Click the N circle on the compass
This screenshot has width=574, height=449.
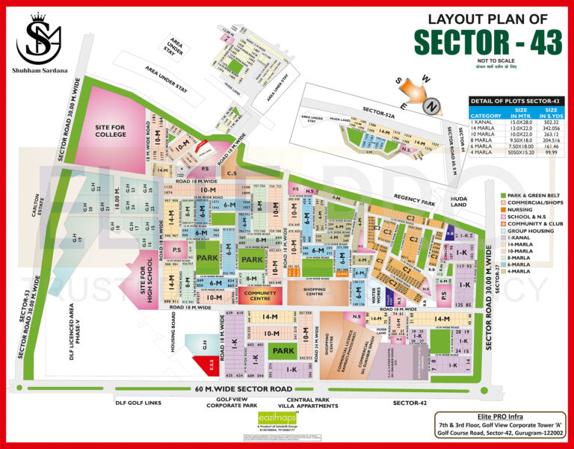(x=430, y=107)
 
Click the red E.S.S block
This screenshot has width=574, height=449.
(x=207, y=367)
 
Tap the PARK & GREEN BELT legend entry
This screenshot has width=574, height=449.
(x=531, y=196)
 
